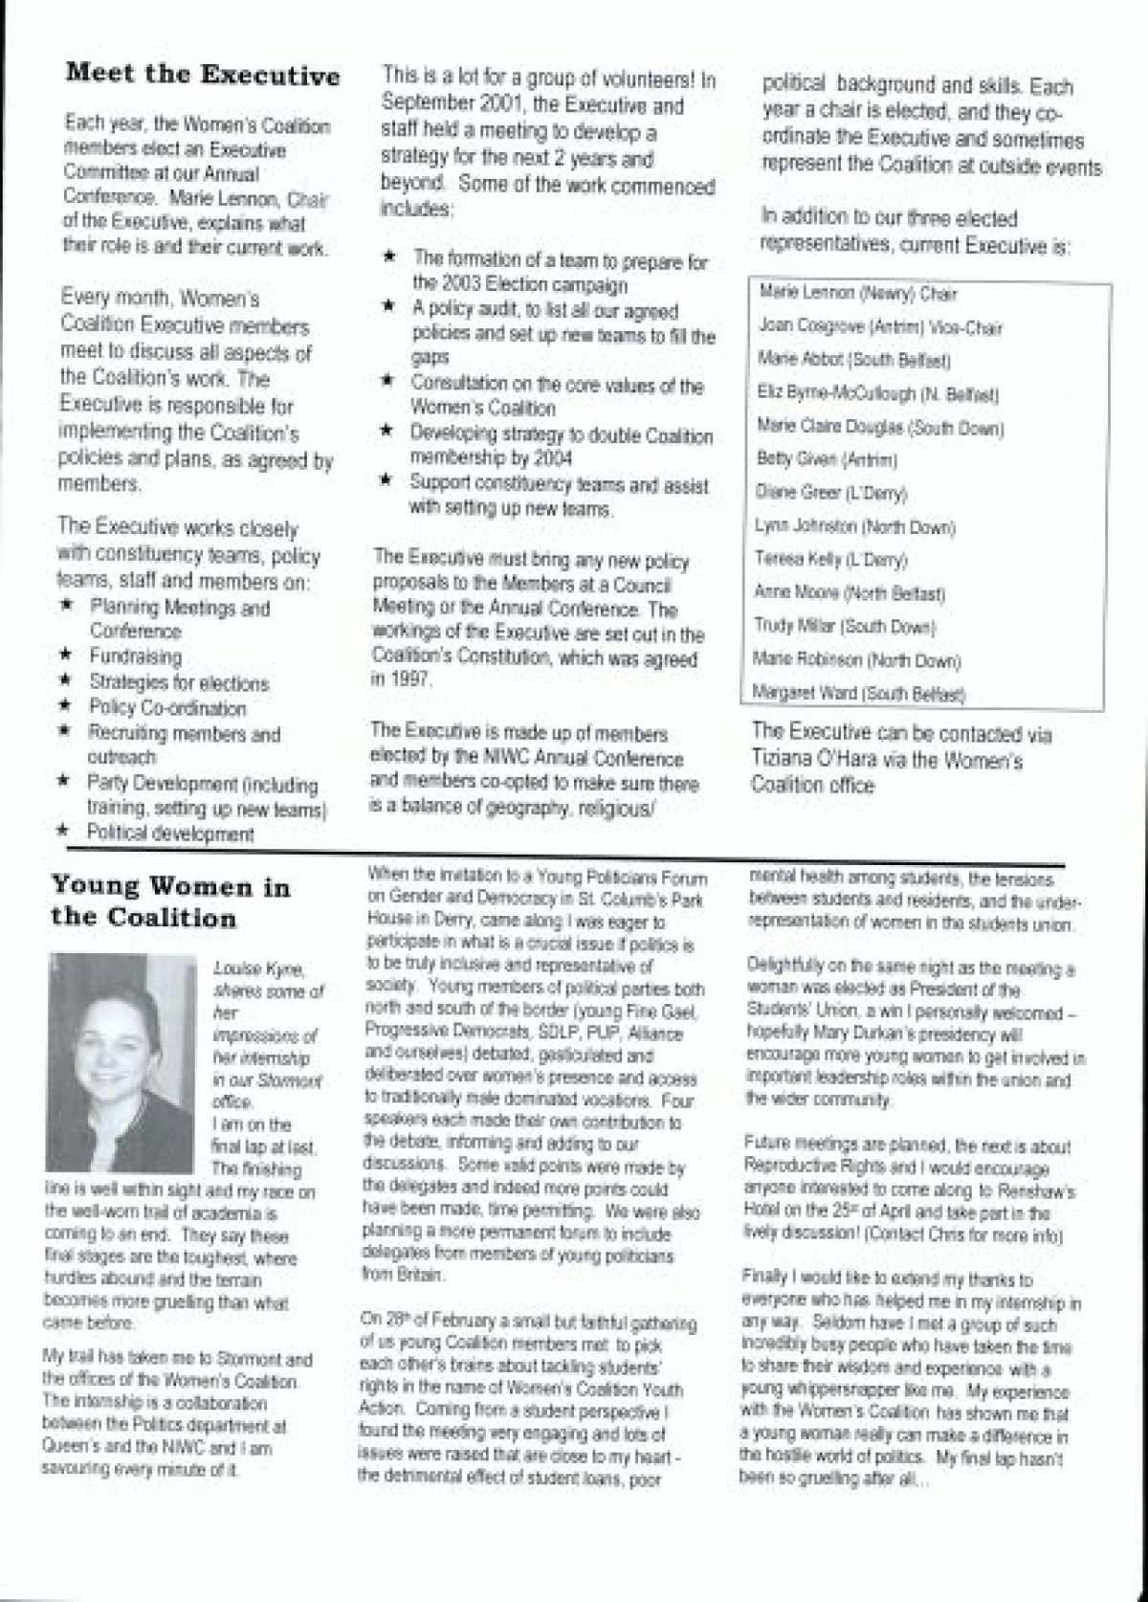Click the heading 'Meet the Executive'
pos(202,75)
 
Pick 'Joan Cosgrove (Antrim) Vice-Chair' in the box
pos(880,327)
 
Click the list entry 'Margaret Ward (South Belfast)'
pos(858,693)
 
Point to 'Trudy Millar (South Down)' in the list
pos(844,627)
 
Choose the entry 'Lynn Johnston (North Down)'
pos(854,526)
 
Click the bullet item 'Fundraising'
pos(135,656)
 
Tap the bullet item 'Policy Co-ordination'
pos(167,708)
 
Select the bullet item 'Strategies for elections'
pos(179,683)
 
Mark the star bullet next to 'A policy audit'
pos(389,308)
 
